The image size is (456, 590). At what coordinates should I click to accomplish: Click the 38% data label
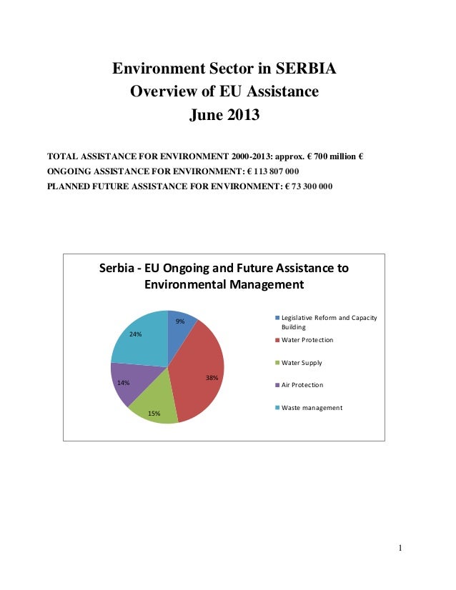point(212,377)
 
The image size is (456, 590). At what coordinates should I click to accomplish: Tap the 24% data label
point(135,334)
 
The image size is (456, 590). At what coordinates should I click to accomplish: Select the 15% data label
point(154,414)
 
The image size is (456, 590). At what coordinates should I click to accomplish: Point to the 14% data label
point(123,383)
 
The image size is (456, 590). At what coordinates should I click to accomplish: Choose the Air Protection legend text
point(302,385)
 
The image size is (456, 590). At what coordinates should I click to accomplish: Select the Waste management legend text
point(312,408)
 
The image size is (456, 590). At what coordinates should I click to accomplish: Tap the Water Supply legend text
point(302,363)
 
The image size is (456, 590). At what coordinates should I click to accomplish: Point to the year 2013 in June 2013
point(241,115)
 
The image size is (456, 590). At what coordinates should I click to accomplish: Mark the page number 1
point(401,549)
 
